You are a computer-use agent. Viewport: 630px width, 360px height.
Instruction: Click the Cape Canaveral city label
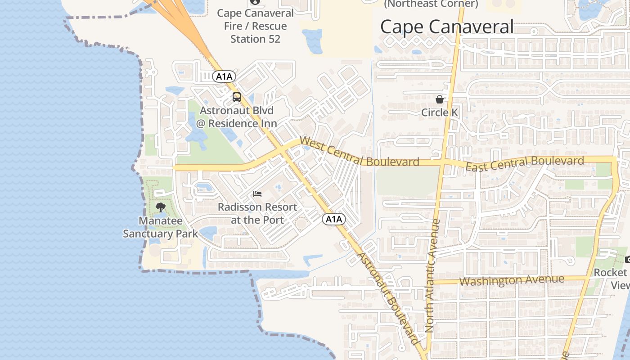point(446,27)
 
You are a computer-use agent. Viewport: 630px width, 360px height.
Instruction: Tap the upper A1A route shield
point(224,76)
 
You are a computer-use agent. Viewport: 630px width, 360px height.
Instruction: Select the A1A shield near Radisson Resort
point(334,219)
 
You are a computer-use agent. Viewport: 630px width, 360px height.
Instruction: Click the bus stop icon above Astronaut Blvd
point(237,97)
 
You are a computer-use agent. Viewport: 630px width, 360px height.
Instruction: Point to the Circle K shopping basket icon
point(439,99)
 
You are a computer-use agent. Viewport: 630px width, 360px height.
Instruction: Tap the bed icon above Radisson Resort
point(257,194)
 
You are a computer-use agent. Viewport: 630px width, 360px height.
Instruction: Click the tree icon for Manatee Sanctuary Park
point(161,207)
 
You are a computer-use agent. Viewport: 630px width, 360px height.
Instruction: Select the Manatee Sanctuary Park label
point(161,227)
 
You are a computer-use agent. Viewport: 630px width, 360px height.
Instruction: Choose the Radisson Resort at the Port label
point(257,213)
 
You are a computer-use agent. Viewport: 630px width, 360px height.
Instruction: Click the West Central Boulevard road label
point(359,153)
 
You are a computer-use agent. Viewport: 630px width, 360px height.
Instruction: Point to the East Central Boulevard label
point(525,163)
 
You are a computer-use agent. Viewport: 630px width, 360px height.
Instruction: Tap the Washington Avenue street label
point(512,280)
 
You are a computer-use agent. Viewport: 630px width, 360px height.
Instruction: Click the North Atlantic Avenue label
point(433,275)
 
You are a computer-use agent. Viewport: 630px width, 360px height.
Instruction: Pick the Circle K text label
point(440,112)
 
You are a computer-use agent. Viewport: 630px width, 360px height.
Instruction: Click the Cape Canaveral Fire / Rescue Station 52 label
point(255,26)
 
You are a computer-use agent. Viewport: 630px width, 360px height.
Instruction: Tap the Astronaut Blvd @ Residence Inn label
point(237,117)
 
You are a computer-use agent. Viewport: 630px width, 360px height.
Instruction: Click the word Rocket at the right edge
point(611,273)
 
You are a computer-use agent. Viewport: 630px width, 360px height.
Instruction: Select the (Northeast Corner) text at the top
point(431,4)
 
